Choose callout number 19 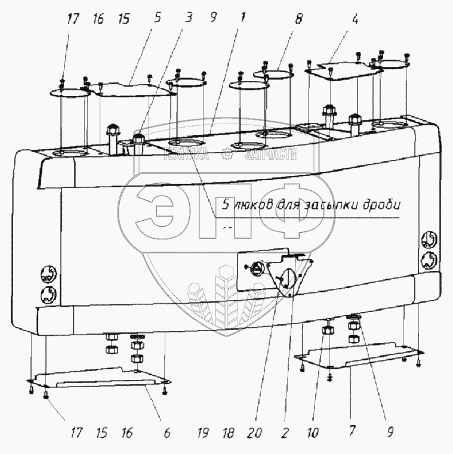(204, 431)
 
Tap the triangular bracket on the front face (289, 276)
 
